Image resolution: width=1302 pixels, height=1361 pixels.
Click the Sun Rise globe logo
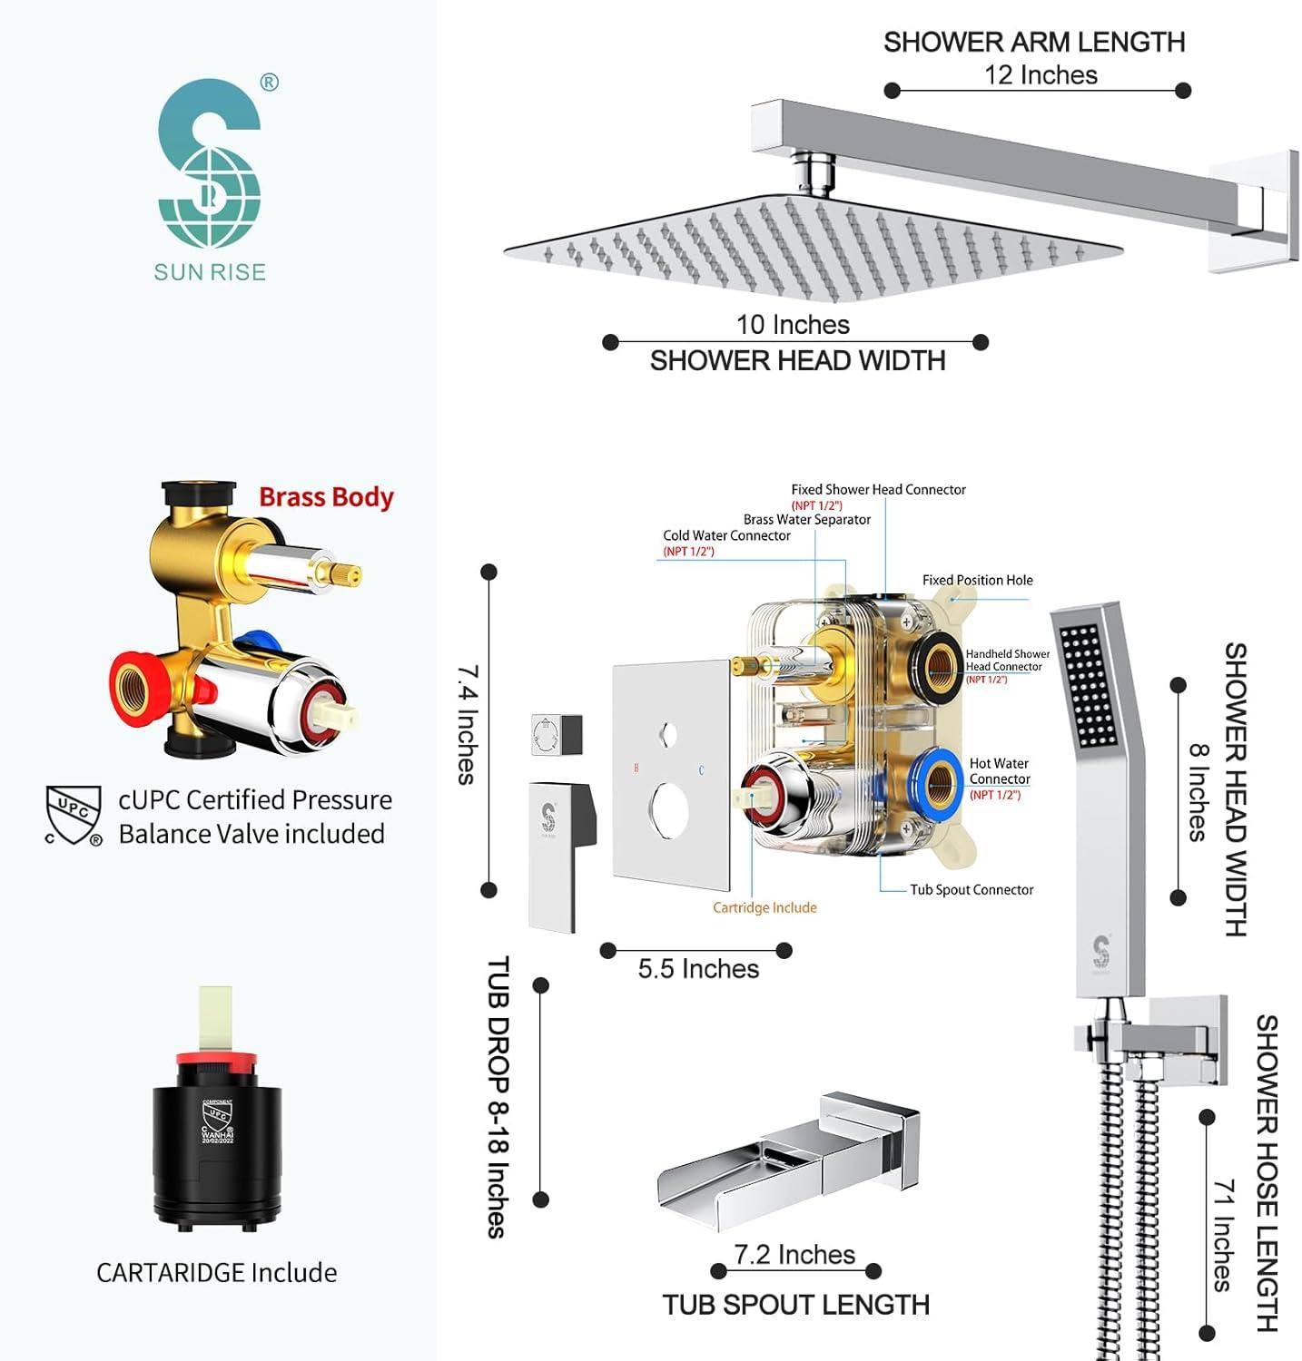(x=210, y=163)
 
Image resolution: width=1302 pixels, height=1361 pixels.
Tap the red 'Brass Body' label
(x=326, y=497)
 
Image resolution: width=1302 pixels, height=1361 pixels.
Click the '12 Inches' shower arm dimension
(x=1041, y=75)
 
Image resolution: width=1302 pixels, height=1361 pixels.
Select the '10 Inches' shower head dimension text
(x=793, y=325)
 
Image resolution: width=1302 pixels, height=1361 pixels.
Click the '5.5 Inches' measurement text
(x=698, y=969)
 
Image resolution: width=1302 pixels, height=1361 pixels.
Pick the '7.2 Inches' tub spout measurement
(x=794, y=1255)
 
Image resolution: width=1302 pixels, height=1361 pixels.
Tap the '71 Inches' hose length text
(x=1224, y=1235)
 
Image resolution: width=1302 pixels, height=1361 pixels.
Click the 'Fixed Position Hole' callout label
(x=977, y=581)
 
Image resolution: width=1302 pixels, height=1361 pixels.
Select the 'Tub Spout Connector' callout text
(x=972, y=890)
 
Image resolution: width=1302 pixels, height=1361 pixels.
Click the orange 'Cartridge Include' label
(x=764, y=908)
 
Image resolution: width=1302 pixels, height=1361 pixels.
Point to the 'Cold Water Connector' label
(x=726, y=536)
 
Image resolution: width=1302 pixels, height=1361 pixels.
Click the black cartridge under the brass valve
(x=217, y=1143)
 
